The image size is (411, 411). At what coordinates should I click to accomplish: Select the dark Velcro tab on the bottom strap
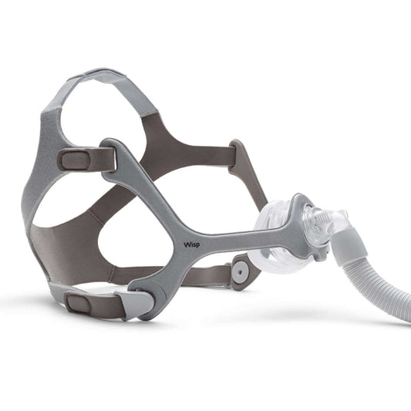[79, 303]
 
